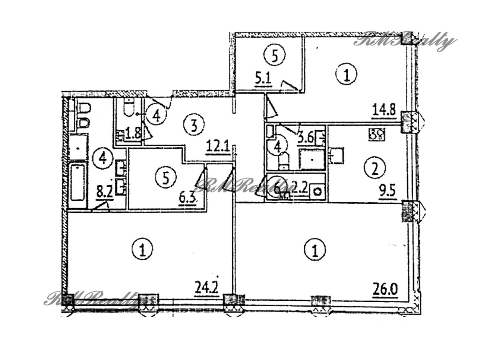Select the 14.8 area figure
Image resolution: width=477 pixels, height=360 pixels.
(384, 111)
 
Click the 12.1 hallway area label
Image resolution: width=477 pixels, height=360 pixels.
(217, 143)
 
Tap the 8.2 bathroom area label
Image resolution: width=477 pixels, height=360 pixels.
(104, 194)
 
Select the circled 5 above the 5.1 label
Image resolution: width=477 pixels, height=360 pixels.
(275, 56)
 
